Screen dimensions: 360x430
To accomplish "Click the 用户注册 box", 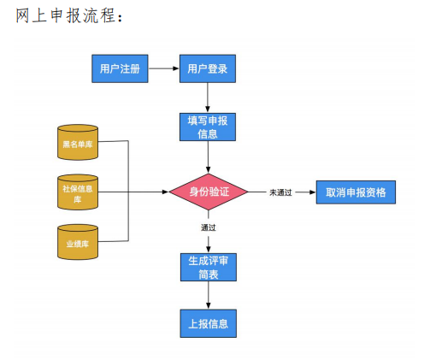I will pos(121,68).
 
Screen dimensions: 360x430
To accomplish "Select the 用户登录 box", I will pos(207,68).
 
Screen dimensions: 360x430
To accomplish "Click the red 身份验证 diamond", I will pos(208,192).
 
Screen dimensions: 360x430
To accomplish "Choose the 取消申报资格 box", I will pos(356,192).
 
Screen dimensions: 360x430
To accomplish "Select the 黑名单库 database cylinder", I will pos(78,143).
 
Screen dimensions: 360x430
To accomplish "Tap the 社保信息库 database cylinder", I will pos(78,192).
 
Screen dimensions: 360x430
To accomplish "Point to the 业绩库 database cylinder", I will pos(78,242).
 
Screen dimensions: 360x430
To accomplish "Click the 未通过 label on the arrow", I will pos(280,192).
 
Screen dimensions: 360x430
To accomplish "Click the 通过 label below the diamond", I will pos(208,227).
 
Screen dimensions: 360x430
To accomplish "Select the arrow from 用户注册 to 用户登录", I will pos(164,68).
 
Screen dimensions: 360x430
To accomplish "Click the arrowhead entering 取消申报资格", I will pos(311,192).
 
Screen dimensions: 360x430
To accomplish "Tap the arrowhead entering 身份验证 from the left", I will pos(164,192).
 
